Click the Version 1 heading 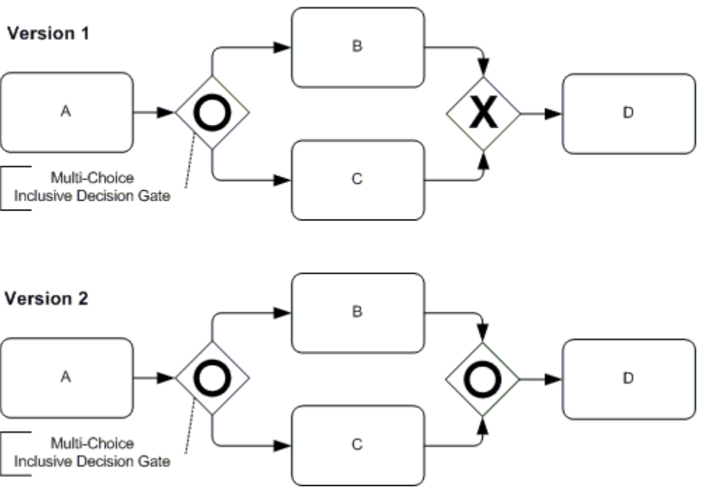point(48,34)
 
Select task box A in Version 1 point(67,112)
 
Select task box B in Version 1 point(358,47)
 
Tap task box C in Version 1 point(358,180)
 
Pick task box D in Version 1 point(628,113)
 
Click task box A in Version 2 point(67,378)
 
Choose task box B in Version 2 point(358,312)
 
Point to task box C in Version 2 point(358,445)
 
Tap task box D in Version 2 point(628,378)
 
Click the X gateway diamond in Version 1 point(483,113)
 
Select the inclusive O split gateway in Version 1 point(212,112)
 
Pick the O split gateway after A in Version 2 point(212,378)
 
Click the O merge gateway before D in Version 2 point(482,378)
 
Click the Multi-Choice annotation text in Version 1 point(92,187)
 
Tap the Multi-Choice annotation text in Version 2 point(92,452)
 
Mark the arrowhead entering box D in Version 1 point(555,113)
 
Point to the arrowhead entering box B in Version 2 point(283,312)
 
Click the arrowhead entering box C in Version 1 point(283,180)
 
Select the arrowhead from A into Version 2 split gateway point(167,378)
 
